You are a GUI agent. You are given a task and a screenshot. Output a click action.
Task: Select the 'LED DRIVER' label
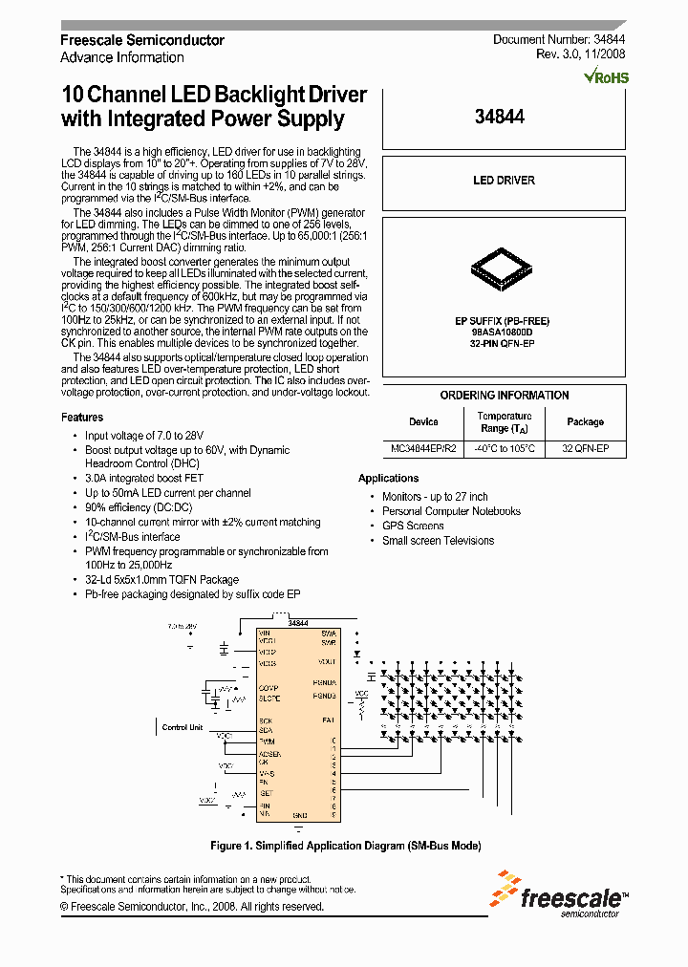click(504, 181)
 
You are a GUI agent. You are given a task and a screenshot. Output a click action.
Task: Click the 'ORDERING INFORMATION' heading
click(504, 396)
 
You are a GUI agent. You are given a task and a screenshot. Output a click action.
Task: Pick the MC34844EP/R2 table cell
click(423, 448)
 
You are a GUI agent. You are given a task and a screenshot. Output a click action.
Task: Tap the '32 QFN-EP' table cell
click(585, 448)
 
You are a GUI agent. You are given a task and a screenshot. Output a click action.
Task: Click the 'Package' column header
click(585, 421)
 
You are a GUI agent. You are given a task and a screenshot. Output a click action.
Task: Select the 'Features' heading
click(82, 418)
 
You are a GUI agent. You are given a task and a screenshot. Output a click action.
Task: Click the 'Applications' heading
click(389, 478)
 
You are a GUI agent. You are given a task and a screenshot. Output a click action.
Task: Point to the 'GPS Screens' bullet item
click(413, 526)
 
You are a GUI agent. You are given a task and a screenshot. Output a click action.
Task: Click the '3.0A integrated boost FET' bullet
click(144, 478)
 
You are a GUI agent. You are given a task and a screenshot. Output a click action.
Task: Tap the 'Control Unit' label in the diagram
click(182, 727)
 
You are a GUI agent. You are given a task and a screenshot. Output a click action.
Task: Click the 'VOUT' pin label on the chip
click(327, 661)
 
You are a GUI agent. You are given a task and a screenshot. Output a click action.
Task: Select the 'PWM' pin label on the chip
click(267, 741)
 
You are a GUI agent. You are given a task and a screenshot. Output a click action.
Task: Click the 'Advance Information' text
click(122, 57)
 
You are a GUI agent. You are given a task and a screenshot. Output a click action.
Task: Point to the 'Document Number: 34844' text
click(559, 40)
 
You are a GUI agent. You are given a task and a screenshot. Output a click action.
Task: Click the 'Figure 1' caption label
click(232, 846)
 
